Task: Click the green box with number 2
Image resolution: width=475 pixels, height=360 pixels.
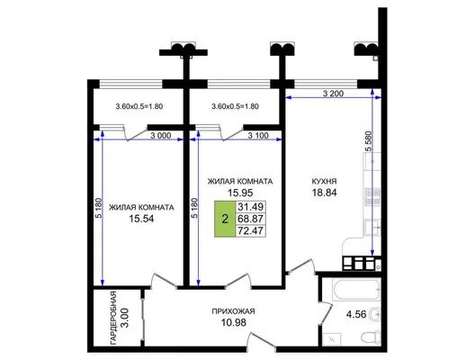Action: click(225, 219)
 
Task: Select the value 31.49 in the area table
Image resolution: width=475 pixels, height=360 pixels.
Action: click(250, 207)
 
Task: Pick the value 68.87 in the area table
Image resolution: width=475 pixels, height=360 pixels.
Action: click(250, 219)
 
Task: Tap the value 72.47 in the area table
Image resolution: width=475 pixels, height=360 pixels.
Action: click(250, 230)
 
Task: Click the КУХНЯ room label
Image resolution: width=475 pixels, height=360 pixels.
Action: click(324, 181)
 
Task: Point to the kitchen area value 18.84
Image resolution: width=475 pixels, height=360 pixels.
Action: click(324, 193)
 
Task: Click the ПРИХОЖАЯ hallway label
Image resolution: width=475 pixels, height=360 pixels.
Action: click(233, 311)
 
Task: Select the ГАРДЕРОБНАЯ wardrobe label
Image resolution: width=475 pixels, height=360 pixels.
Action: click(113, 319)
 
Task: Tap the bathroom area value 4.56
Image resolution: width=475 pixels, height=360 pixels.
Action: click(356, 314)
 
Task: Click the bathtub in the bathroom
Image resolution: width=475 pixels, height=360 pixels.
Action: click(355, 290)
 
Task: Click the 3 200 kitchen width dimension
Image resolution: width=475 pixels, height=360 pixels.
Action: click(333, 94)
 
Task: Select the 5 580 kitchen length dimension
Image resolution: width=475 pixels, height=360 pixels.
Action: click(368, 141)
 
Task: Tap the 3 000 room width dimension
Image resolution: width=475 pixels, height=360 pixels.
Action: click(160, 136)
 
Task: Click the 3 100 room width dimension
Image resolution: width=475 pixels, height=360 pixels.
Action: click(258, 136)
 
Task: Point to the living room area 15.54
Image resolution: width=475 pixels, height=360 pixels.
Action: click(141, 219)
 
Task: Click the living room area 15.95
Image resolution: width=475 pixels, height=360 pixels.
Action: click(240, 193)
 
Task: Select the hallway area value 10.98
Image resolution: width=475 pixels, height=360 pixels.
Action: click(234, 323)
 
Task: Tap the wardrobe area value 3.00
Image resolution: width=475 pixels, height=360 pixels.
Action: click(124, 319)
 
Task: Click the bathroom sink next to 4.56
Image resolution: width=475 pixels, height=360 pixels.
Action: click(376, 314)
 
